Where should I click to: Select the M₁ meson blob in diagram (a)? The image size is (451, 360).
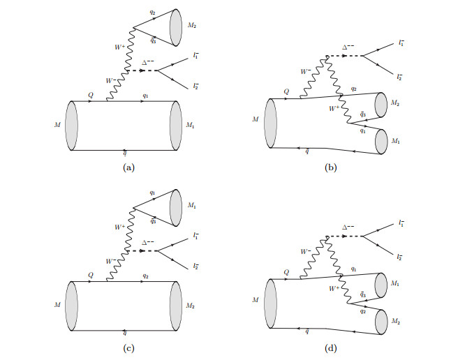tap(175, 126)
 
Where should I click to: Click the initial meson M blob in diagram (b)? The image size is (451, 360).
tap(272, 123)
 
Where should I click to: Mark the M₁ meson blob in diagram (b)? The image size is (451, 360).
tap(381, 142)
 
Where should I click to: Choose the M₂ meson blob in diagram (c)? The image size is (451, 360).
tap(175, 306)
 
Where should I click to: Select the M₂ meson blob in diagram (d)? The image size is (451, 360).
tap(381, 322)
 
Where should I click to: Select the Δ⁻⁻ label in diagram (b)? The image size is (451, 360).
tap(347, 47)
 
